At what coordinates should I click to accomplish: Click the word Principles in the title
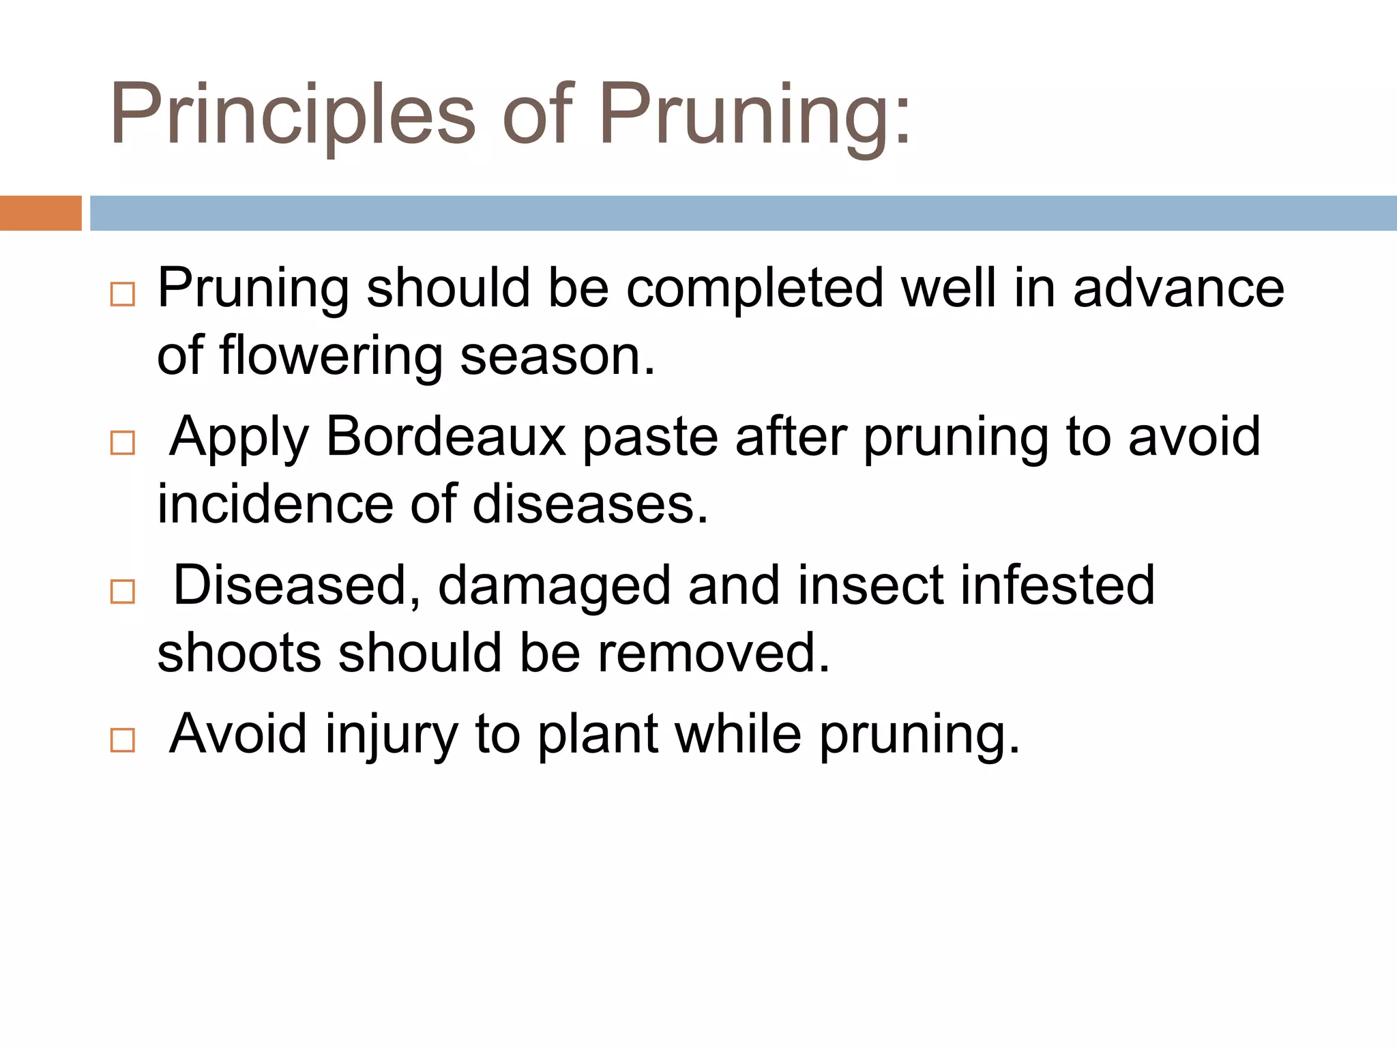click(x=292, y=115)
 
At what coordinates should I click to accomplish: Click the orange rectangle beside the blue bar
click(x=40, y=213)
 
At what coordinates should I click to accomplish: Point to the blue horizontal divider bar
click(x=743, y=213)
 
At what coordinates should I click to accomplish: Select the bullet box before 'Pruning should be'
click(x=123, y=295)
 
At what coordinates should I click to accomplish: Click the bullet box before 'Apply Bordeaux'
click(x=123, y=443)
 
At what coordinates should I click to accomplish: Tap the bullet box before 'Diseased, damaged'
click(x=123, y=592)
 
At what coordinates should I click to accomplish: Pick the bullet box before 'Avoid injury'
click(x=123, y=740)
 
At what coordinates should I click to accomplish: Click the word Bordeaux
click(x=446, y=437)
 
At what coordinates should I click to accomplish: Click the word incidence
click(x=276, y=505)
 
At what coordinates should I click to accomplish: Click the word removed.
click(x=714, y=654)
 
